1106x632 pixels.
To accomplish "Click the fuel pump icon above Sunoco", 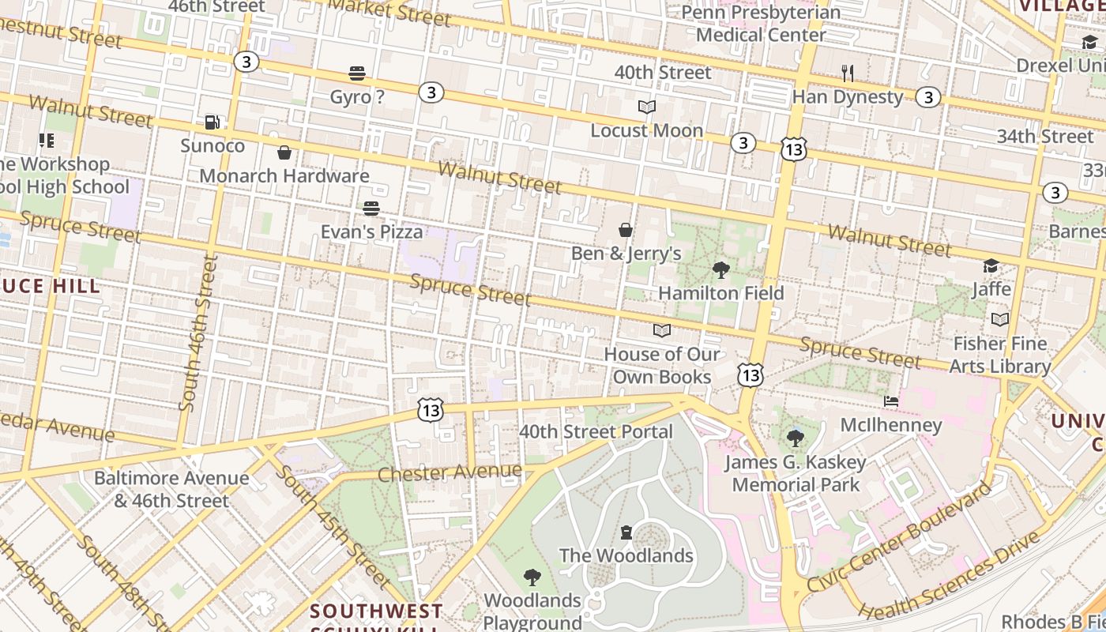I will click(212, 122).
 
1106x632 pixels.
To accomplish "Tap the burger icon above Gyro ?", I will click(357, 73).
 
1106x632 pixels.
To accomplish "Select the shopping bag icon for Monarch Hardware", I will click(284, 152).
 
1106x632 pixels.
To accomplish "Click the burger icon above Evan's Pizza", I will click(371, 209).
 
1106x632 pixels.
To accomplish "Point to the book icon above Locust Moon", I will click(647, 107).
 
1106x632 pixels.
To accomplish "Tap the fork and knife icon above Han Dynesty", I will click(848, 73).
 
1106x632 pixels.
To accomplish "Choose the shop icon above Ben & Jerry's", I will click(626, 230).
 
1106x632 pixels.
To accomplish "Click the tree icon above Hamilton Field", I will click(720, 270).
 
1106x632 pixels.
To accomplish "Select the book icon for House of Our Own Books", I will click(662, 330).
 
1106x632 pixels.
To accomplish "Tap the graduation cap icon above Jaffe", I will click(991, 265).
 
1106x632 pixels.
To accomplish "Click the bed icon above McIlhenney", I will click(891, 401).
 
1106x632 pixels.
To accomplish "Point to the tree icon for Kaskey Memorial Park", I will click(796, 438).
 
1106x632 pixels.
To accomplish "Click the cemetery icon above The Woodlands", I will click(626, 532).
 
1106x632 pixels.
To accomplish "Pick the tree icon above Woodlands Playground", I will click(532, 577).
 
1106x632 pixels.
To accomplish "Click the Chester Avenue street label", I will click(450, 472).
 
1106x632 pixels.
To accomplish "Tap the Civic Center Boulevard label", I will click(899, 537).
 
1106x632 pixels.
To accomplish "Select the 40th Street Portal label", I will click(596, 431).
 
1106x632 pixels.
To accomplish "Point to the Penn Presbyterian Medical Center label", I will click(761, 24).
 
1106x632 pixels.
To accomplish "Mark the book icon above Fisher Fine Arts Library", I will click(1000, 319).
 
